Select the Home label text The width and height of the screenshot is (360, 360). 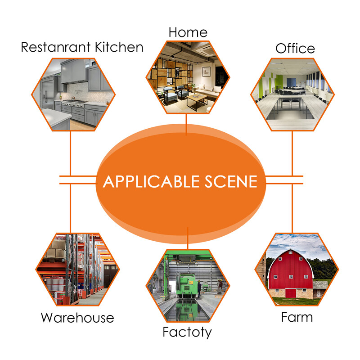(x=188, y=32)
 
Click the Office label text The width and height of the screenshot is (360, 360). (x=295, y=48)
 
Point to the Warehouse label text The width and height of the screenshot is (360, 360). (x=77, y=318)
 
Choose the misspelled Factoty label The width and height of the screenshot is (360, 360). (x=187, y=333)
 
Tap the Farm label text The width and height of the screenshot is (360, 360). (x=297, y=317)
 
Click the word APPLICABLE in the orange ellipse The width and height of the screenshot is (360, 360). (x=150, y=181)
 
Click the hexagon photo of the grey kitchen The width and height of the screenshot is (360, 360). (x=73, y=94)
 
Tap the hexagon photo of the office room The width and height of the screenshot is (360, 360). (x=292, y=94)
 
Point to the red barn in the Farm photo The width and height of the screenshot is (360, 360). (x=290, y=272)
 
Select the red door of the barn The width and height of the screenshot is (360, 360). (x=291, y=293)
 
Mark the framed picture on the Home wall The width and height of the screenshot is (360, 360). (x=207, y=71)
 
